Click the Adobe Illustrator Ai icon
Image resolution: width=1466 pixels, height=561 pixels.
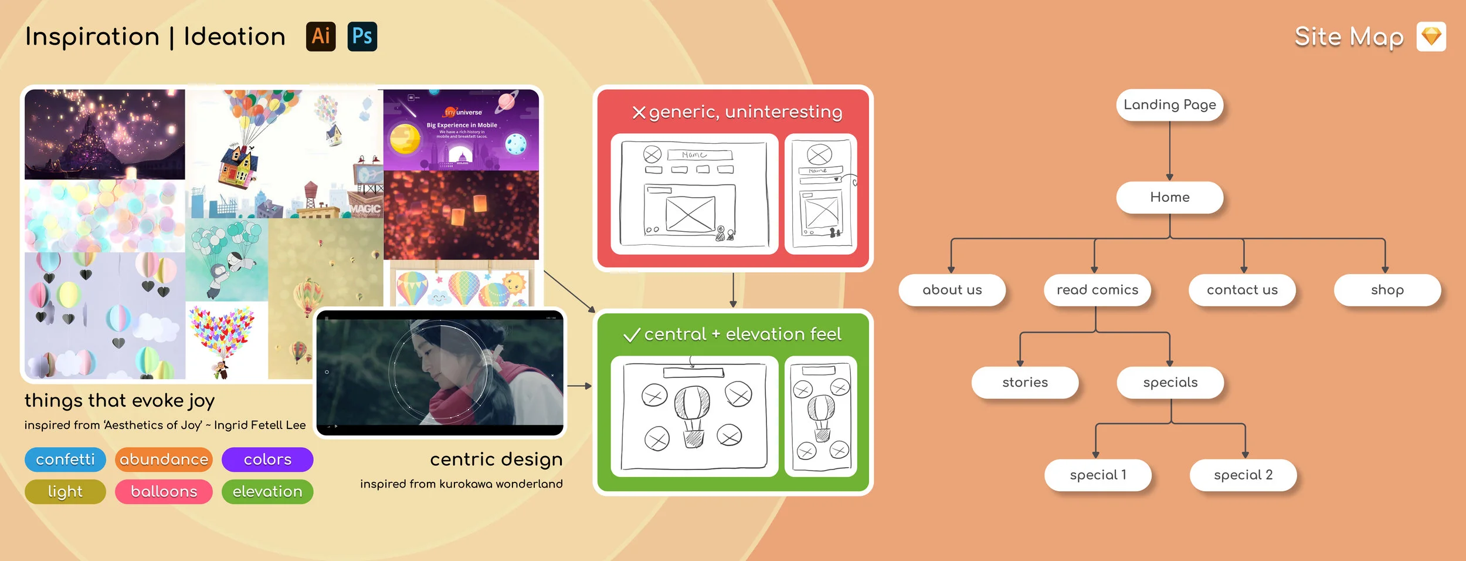point(321,36)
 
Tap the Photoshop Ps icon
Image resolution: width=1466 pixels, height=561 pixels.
point(362,36)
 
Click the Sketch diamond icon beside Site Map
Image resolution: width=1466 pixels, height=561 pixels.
point(1431,37)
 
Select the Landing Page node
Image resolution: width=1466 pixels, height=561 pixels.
point(1169,105)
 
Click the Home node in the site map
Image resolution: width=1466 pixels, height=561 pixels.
point(1169,197)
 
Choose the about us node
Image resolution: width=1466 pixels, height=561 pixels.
point(952,290)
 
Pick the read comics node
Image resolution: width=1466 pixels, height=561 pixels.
point(1097,290)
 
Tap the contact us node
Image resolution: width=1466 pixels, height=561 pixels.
point(1242,290)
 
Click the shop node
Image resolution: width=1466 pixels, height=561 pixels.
point(1387,290)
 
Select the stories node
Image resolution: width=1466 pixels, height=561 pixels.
point(1024,383)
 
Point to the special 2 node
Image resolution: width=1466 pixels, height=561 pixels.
point(1243,475)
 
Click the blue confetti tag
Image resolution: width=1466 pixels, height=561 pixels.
point(65,459)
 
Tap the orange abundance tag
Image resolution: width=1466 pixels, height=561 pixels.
point(164,459)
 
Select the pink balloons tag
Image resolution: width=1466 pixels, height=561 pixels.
point(164,492)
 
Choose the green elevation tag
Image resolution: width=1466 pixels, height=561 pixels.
point(267,492)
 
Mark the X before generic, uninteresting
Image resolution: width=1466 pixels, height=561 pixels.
point(639,113)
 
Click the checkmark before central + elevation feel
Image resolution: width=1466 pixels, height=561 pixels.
point(632,335)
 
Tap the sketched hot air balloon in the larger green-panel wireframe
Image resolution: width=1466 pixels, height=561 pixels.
point(693,414)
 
